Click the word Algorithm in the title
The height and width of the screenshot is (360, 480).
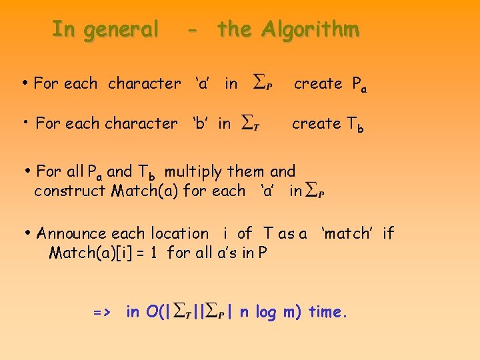310,29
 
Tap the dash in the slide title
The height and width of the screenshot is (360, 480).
192,30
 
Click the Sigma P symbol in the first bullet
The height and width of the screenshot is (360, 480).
263,83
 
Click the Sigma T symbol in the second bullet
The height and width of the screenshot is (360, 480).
251,123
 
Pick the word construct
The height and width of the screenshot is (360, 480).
70,191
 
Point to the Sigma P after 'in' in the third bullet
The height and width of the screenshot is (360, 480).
315,191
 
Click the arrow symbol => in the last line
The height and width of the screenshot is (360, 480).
102,311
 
